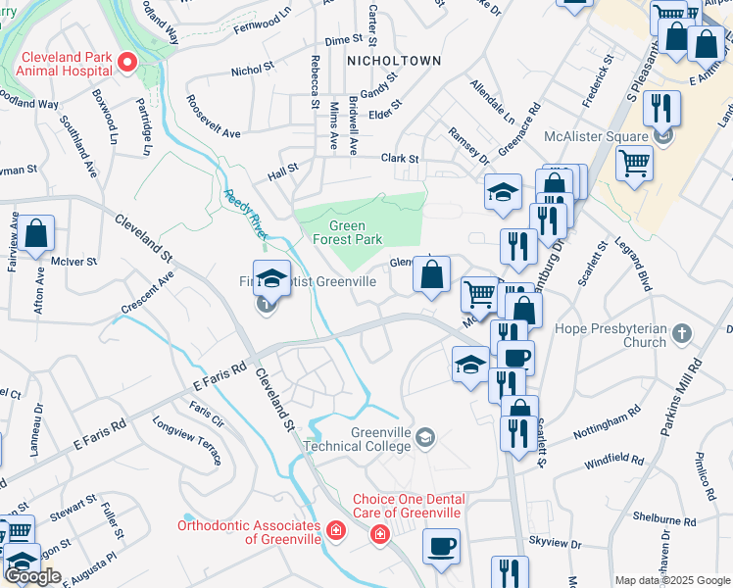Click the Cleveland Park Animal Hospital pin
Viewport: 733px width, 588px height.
[x=126, y=64]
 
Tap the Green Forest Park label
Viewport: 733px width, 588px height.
[x=346, y=232]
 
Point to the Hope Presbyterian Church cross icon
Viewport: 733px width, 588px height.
[x=683, y=336]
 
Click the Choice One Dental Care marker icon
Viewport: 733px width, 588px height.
[x=378, y=534]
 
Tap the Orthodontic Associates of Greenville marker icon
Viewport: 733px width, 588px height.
[x=336, y=531]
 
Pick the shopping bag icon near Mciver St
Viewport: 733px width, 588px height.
[x=36, y=235]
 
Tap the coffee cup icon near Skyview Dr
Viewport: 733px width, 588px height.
[x=441, y=545]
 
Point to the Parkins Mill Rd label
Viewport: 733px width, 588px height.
[x=686, y=401]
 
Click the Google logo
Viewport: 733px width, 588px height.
[x=32, y=576]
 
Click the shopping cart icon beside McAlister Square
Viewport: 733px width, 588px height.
[x=634, y=162]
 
